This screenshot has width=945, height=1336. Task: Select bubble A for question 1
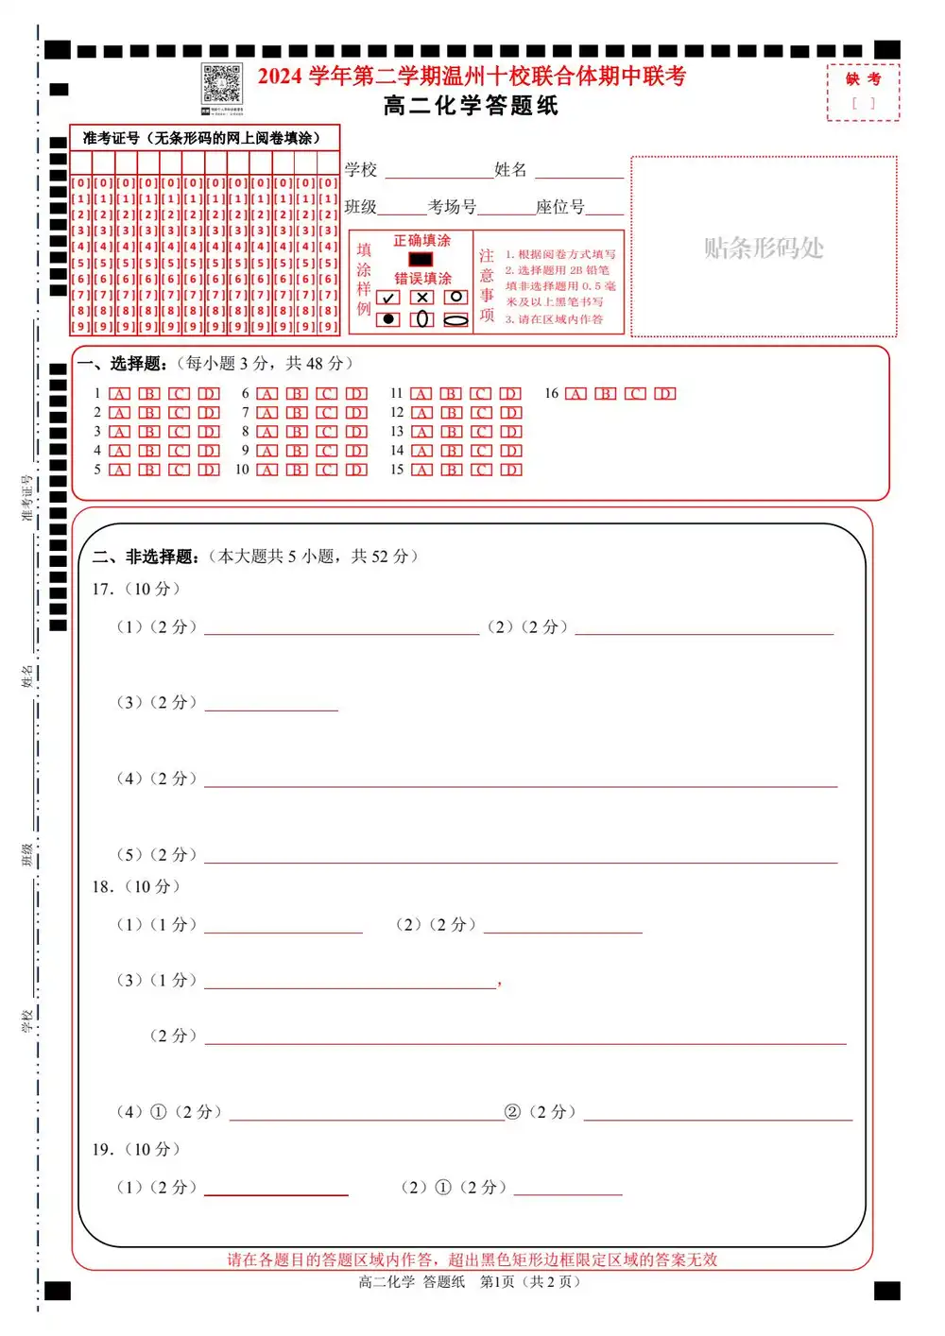pos(120,394)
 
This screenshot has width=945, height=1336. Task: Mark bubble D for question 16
pos(665,394)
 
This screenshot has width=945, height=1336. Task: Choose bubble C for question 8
pos(326,432)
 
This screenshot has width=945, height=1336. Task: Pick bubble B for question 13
pos(452,432)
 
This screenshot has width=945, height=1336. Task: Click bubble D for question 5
pos(209,470)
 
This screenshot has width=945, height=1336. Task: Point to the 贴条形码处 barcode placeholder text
pos(764,248)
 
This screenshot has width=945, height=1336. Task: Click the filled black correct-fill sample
pos(421,259)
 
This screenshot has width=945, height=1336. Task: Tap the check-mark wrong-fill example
pos(388,298)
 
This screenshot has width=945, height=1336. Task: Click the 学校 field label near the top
pos(361,170)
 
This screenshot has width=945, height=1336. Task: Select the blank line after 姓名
pos(579,175)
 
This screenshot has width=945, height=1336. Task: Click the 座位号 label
pos(559,207)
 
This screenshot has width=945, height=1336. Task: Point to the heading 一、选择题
pos(123,364)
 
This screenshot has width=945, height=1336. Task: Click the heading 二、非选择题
pos(146,557)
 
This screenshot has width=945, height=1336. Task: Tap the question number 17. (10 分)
pos(136,590)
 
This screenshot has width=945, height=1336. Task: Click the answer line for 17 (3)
pos(271,709)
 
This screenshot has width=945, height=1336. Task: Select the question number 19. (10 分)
pos(136,1150)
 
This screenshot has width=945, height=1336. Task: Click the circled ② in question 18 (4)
pos(513,1112)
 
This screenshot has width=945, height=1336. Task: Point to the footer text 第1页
pos(497,1282)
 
